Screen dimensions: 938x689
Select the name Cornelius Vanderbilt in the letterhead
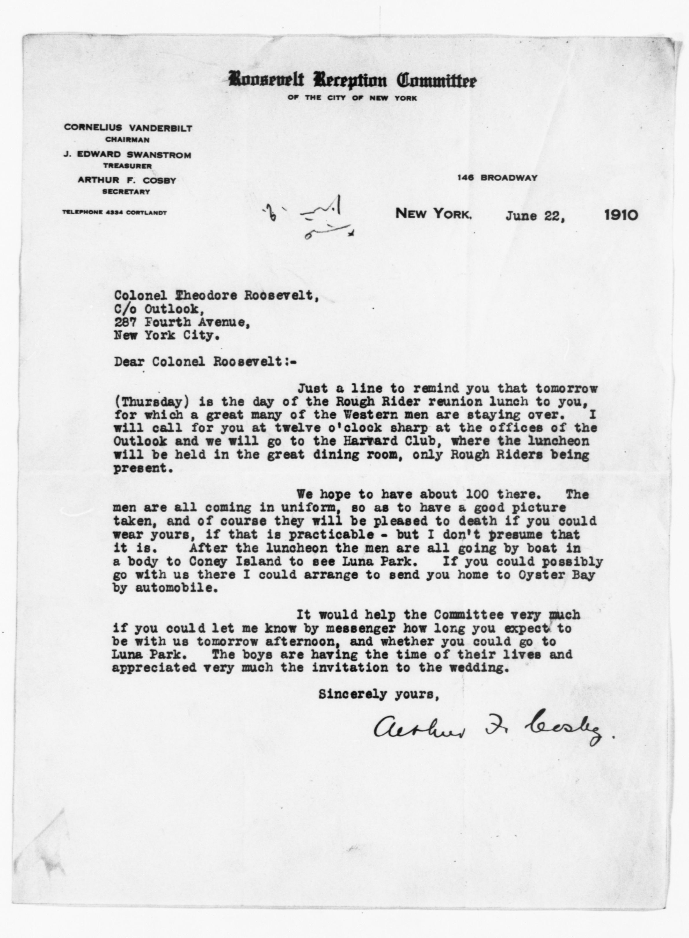click(128, 128)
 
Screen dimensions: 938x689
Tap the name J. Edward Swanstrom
click(127, 155)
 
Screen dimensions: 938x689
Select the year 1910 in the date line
click(621, 215)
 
